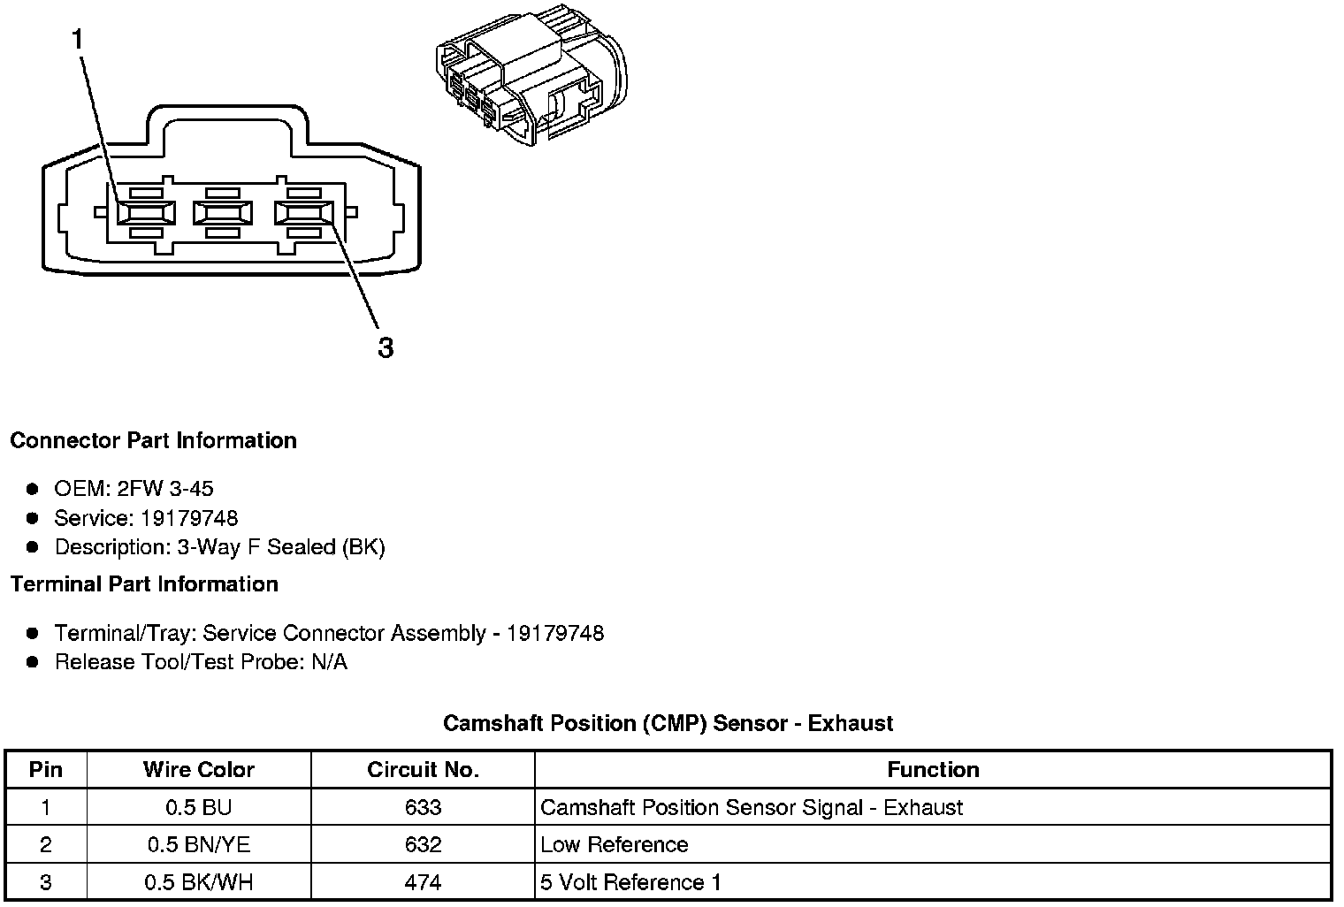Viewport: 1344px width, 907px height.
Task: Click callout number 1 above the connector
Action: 78,40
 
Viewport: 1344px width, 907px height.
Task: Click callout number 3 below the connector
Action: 386,347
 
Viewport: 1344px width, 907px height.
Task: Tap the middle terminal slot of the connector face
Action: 222,212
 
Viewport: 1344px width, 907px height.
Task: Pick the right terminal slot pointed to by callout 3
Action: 303,212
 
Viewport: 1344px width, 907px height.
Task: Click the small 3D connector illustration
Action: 531,80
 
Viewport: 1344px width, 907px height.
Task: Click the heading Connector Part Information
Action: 153,440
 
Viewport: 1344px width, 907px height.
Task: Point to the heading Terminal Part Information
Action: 144,584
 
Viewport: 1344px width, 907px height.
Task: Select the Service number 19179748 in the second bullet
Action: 189,518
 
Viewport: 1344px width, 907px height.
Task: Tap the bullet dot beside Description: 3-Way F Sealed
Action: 33,547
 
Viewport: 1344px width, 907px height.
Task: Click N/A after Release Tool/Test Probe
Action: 329,662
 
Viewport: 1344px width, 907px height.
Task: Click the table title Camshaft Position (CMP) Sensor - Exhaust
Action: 668,723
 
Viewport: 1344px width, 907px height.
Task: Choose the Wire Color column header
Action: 199,770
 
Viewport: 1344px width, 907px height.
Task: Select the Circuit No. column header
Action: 423,770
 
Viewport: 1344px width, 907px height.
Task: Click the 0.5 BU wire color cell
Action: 199,807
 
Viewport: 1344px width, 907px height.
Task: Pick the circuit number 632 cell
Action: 423,844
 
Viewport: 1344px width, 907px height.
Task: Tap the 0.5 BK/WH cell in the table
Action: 199,882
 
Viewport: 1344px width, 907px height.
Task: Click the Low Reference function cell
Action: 614,844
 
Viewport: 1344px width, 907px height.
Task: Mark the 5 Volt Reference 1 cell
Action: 630,882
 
